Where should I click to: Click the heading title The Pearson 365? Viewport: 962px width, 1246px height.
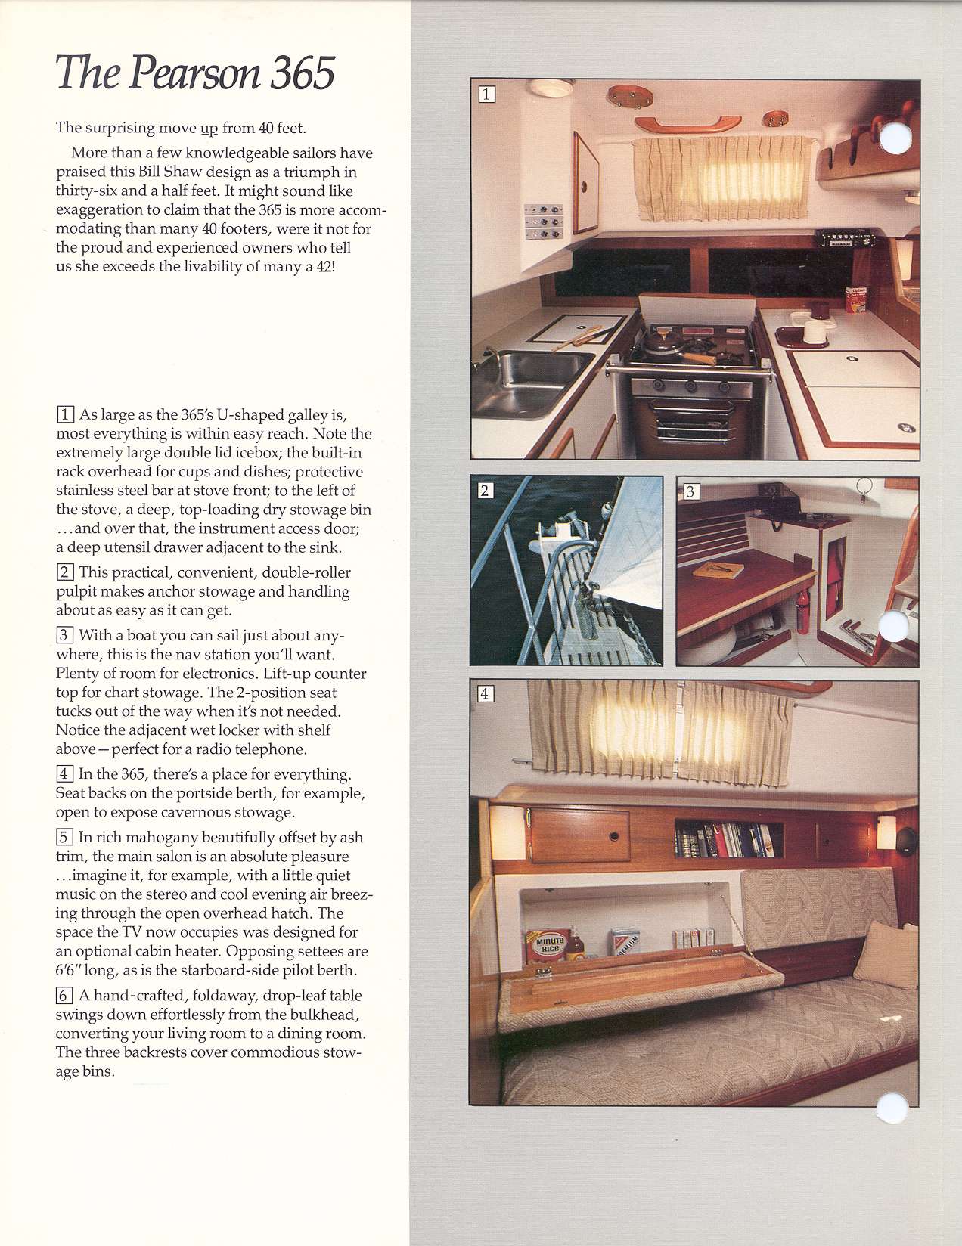coord(195,73)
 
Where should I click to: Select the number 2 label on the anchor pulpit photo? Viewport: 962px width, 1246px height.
coord(486,491)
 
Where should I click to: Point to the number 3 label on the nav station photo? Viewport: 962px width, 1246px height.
coord(690,491)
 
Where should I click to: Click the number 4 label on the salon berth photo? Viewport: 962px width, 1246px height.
coord(486,693)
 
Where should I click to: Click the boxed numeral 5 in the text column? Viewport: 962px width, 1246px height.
coord(65,837)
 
